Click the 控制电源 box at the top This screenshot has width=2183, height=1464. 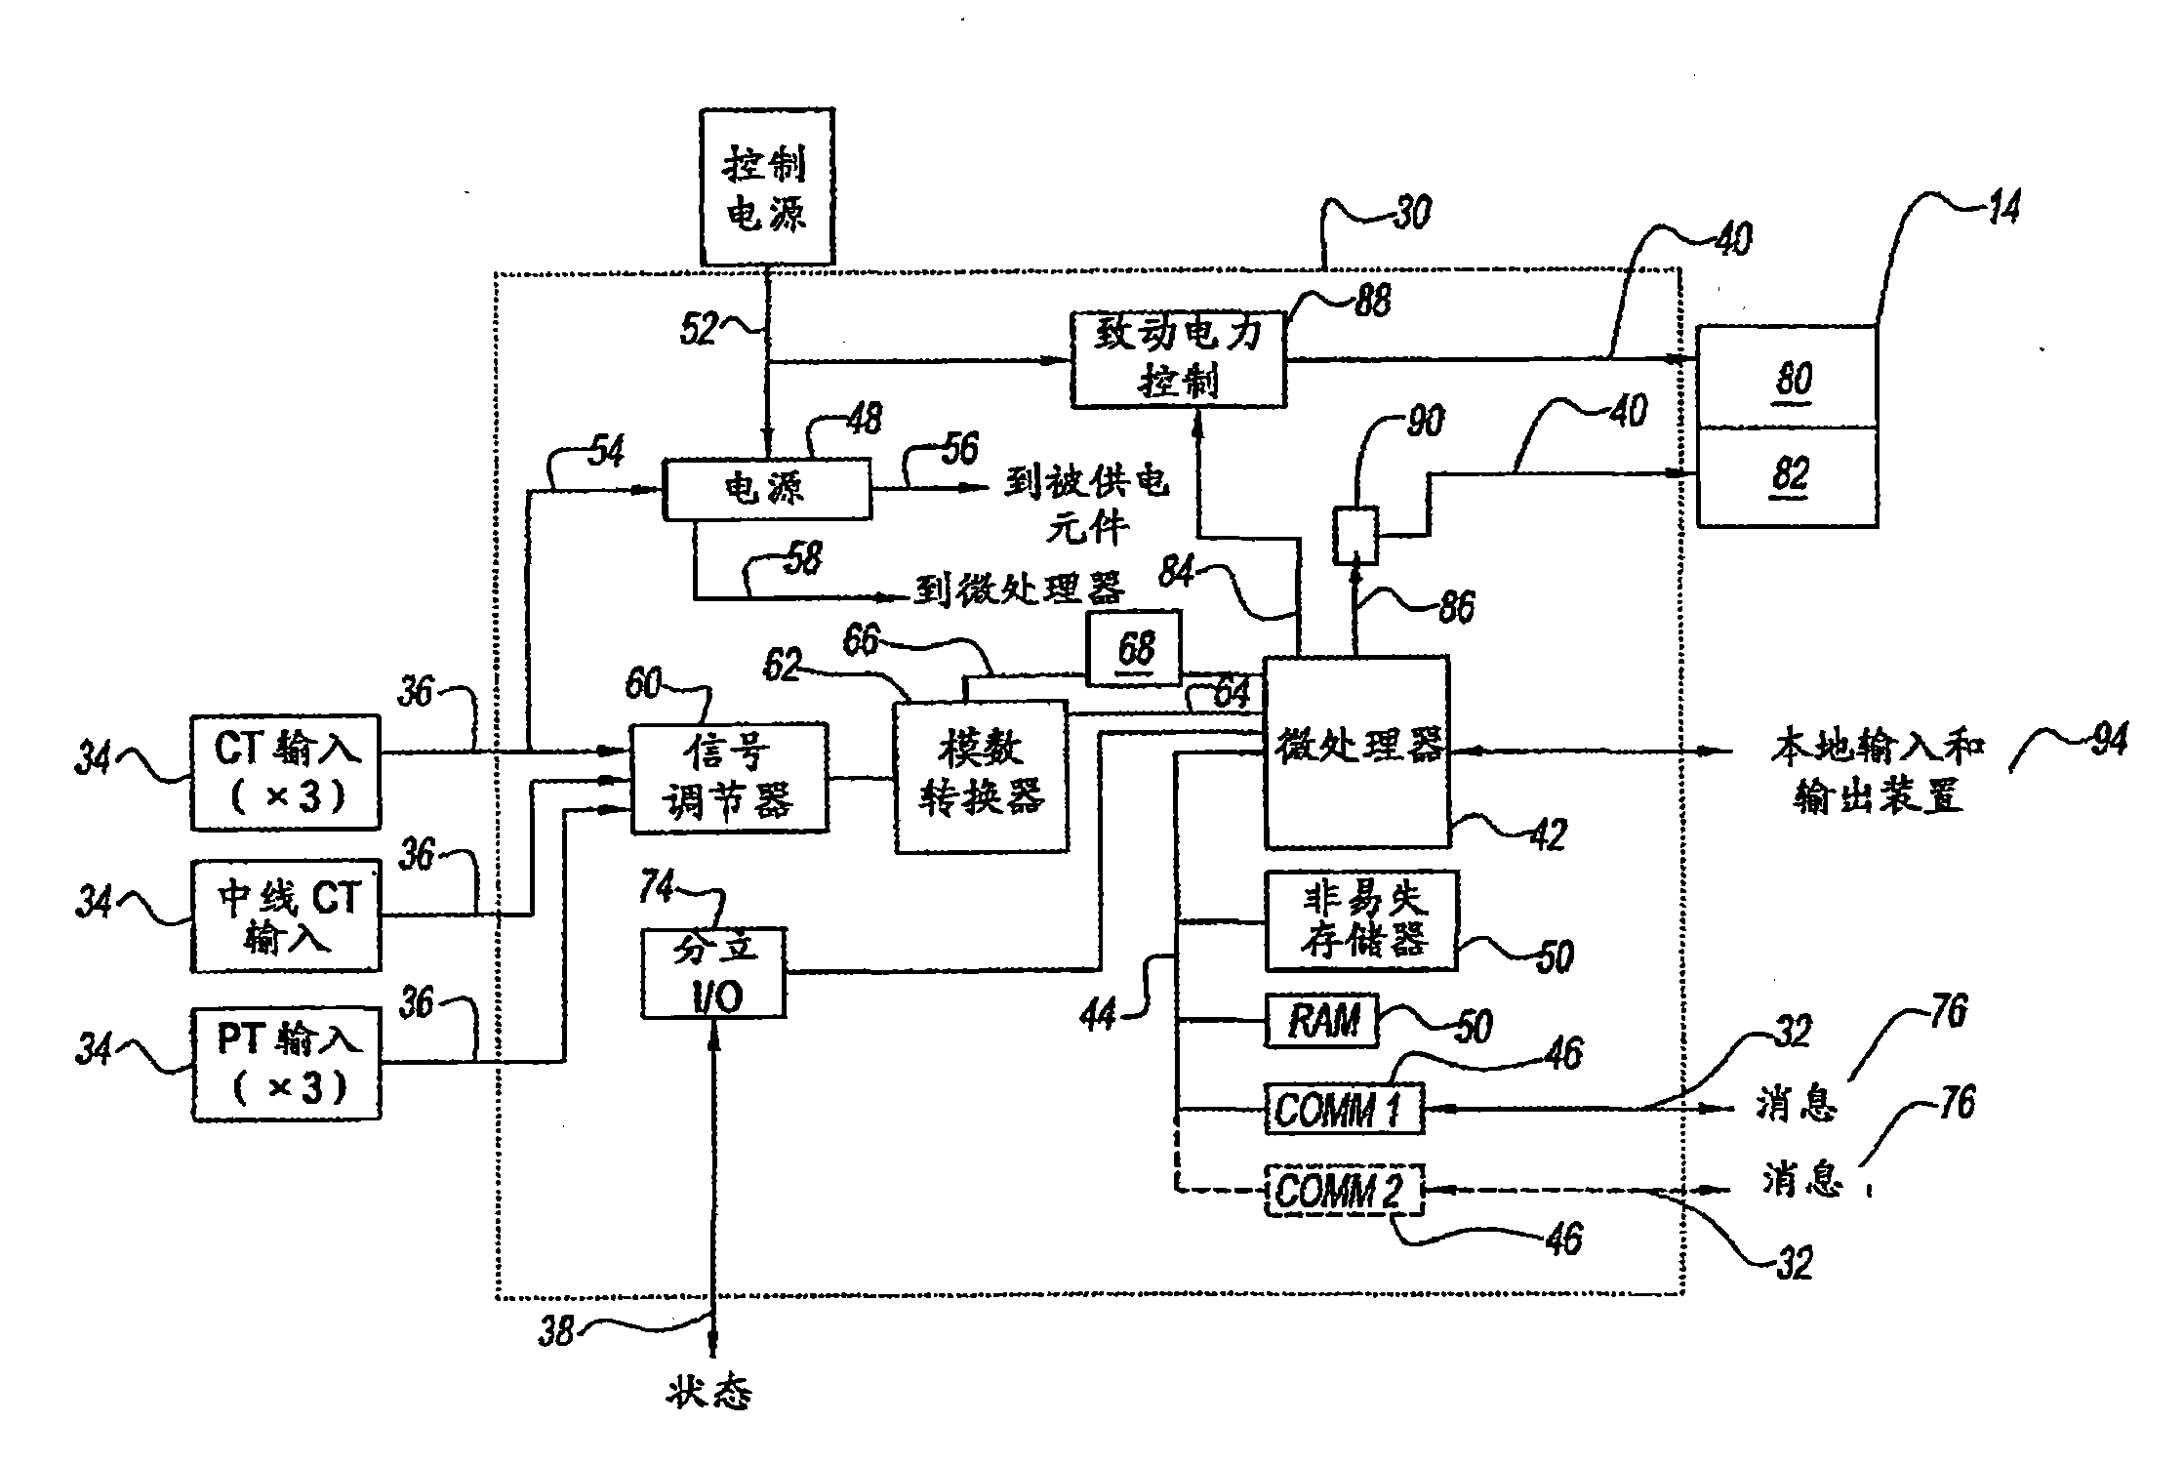pos(767,186)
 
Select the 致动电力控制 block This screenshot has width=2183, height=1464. pos(1178,359)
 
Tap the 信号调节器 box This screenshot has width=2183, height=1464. pos(729,778)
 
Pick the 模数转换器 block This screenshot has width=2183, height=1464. pos(981,776)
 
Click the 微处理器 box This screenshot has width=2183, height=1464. pos(1356,752)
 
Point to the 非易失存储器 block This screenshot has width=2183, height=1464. pos(1361,920)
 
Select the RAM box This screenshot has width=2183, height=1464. pos(1322,1021)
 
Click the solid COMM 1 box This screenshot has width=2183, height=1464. pos(1344,1109)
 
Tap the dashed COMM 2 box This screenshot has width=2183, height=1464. pos(1344,1190)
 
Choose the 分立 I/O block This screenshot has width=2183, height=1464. pos(714,973)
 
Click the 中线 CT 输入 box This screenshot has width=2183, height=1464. pos(286,916)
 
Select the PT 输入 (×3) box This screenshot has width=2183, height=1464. pos(286,1063)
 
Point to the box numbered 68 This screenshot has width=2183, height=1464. pos(1134,649)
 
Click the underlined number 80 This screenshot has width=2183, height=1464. pos(1793,379)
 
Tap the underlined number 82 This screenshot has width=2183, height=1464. pos(1791,475)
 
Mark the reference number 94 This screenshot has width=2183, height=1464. pos(2110,740)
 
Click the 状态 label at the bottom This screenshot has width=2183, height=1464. pos(709,1393)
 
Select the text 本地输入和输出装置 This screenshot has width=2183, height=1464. pos(1877,772)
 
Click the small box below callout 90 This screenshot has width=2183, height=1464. pos(1355,535)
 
